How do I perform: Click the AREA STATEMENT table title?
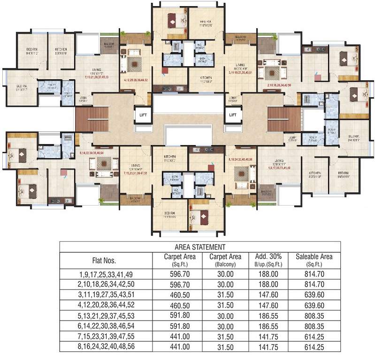(200, 246)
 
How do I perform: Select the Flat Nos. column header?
(104, 260)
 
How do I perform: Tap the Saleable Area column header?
(314, 260)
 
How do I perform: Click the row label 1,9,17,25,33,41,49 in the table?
(104, 275)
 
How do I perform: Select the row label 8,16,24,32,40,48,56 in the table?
(104, 347)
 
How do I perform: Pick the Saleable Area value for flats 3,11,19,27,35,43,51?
(314, 295)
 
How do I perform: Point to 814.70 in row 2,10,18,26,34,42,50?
(314, 285)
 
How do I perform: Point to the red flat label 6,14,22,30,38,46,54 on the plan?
(98, 153)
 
